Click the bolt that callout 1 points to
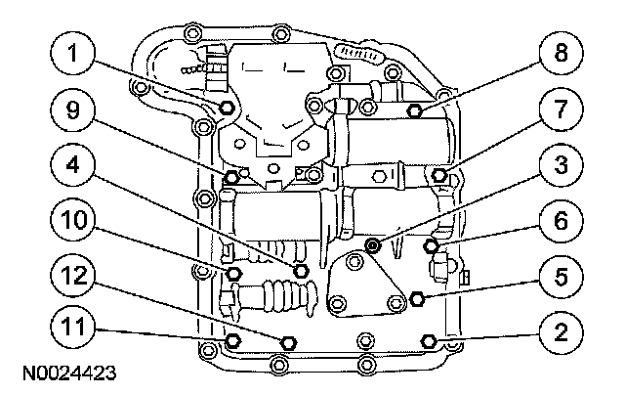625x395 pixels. pos(227,108)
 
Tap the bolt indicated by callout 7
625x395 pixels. pos(439,176)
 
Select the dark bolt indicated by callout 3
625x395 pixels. pos(372,242)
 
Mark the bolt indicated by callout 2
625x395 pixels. pos(428,339)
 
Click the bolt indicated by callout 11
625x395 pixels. pos(232,339)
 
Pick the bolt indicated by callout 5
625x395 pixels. pos(418,296)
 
